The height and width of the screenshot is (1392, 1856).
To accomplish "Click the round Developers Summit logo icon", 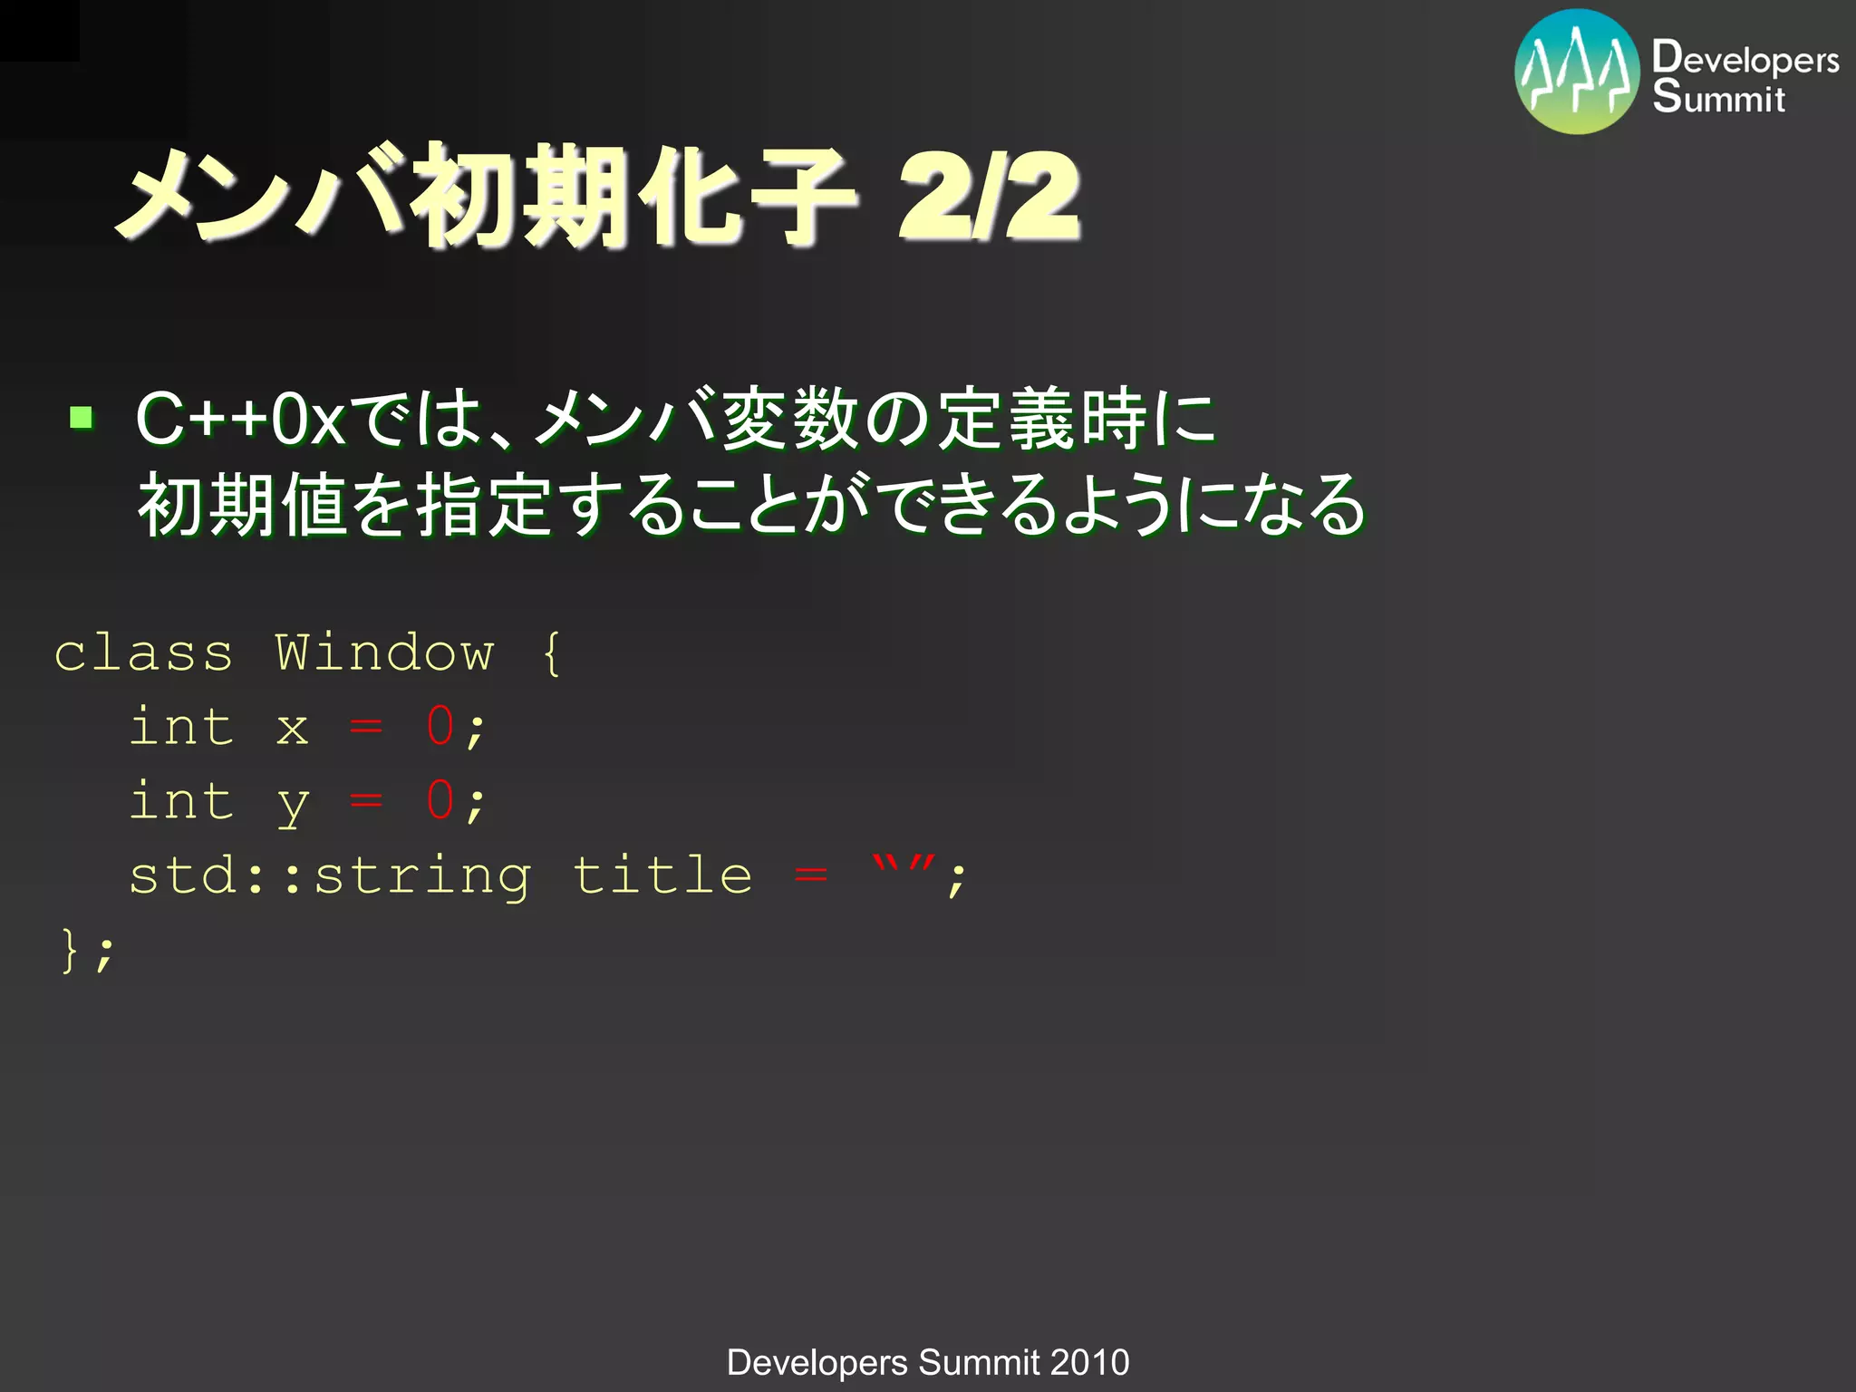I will [x=1577, y=72].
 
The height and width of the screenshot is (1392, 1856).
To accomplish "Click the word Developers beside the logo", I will [x=1745, y=59].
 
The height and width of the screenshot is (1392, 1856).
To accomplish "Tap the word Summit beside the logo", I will [x=1718, y=97].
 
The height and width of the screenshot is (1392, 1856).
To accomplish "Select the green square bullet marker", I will [x=82, y=418].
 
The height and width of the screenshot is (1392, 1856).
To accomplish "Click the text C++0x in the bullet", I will [x=240, y=419].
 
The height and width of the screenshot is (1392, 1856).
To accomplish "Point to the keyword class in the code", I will [x=143, y=652].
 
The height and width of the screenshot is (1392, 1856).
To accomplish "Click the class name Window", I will [x=384, y=652].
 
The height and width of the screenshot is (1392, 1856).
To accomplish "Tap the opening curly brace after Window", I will [x=552, y=652].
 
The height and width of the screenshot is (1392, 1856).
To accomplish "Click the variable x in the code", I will [x=292, y=728].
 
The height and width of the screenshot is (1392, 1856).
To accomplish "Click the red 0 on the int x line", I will [x=440, y=726].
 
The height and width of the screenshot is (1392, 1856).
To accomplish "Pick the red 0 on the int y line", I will [x=440, y=800].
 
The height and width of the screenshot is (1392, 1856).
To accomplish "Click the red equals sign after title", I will [x=811, y=875].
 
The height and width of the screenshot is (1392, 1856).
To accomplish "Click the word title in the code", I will [x=662, y=875].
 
